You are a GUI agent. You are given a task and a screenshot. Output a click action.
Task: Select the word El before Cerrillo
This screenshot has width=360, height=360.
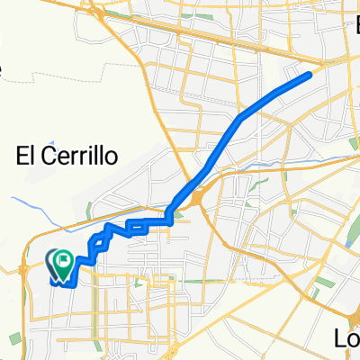27,156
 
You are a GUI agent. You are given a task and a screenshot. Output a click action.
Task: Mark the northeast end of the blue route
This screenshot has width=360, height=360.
310,74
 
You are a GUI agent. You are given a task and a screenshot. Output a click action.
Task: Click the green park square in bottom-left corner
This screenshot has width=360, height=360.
15,337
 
